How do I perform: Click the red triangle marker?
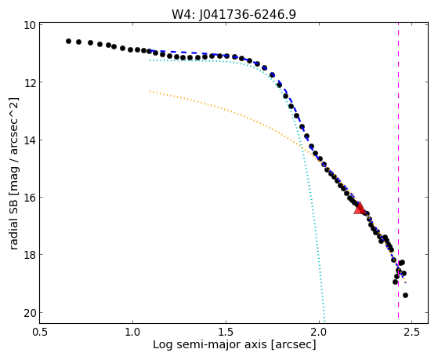point(360,208)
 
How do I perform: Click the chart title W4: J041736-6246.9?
point(233,14)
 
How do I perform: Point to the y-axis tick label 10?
point(29,25)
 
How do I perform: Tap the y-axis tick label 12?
point(29,82)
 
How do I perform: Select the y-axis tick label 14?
point(29,140)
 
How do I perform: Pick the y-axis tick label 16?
point(29,198)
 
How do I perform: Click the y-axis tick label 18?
point(29,255)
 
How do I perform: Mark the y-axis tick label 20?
point(29,313)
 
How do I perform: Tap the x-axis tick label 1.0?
point(132,332)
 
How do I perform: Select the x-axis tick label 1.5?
point(226,332)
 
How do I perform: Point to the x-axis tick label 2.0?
point(319,332)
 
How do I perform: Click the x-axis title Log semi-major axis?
point(210,345)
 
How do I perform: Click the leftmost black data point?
point(68,41)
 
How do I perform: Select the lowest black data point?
point(405,295)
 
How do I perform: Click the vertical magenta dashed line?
point(398,170)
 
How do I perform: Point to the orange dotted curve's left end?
point(150,91)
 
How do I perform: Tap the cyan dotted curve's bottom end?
point(324,321)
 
